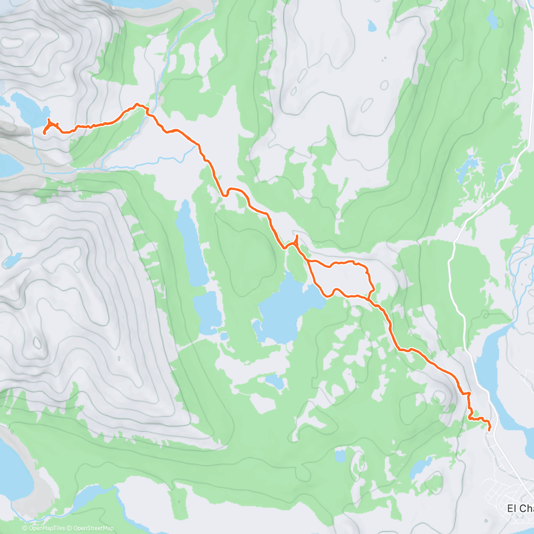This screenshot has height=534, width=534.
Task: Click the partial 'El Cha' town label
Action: [520, 508]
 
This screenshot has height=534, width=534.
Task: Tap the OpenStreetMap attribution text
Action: [93, 528]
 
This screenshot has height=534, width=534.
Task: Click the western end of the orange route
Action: [44, 133]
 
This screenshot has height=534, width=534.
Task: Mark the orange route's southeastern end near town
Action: [489, 430]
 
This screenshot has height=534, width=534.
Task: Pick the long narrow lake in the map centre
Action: [190, 245]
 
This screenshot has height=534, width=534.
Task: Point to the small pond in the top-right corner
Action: [492, 19]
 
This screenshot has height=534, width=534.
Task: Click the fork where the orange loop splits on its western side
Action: [307, 261]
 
